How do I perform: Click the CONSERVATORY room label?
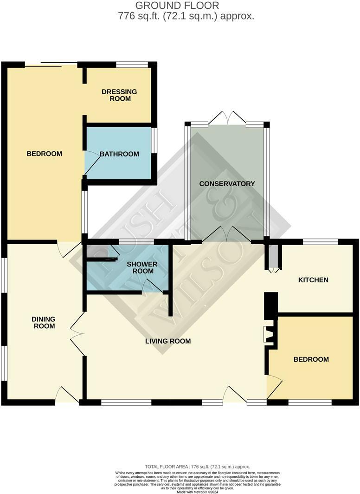(x=227, y=183)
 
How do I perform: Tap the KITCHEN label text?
(x=313, y=280)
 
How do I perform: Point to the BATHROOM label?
(x=119, y=154)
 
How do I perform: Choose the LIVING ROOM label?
(x=168, y=341)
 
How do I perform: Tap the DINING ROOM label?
(x=44, y=322)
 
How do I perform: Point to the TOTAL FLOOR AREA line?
(x=197, y=467)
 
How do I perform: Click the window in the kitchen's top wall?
(x=321, y=241)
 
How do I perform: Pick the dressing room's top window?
(x=132, y=65)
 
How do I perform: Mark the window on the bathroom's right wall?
(x=154, y=140)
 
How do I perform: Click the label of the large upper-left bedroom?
(x=44, y=154)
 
